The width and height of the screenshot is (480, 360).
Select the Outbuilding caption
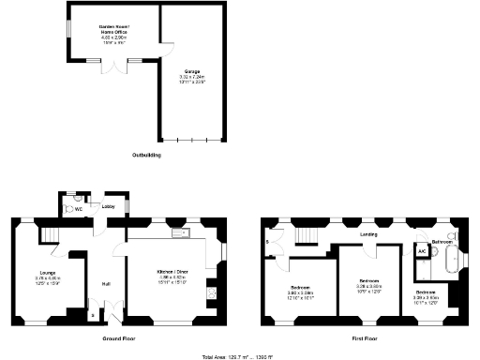click(x=145, y=153)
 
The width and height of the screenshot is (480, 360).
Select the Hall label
click(x=107, y=283)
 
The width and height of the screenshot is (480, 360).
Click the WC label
click(x=79, y=208)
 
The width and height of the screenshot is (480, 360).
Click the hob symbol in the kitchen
click(x=213, y=292)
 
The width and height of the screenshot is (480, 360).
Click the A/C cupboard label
click(x=422, y=251)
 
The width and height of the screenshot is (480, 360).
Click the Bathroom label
click(x=442, y=242)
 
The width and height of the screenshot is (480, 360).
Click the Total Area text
click(x=239, y=355)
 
